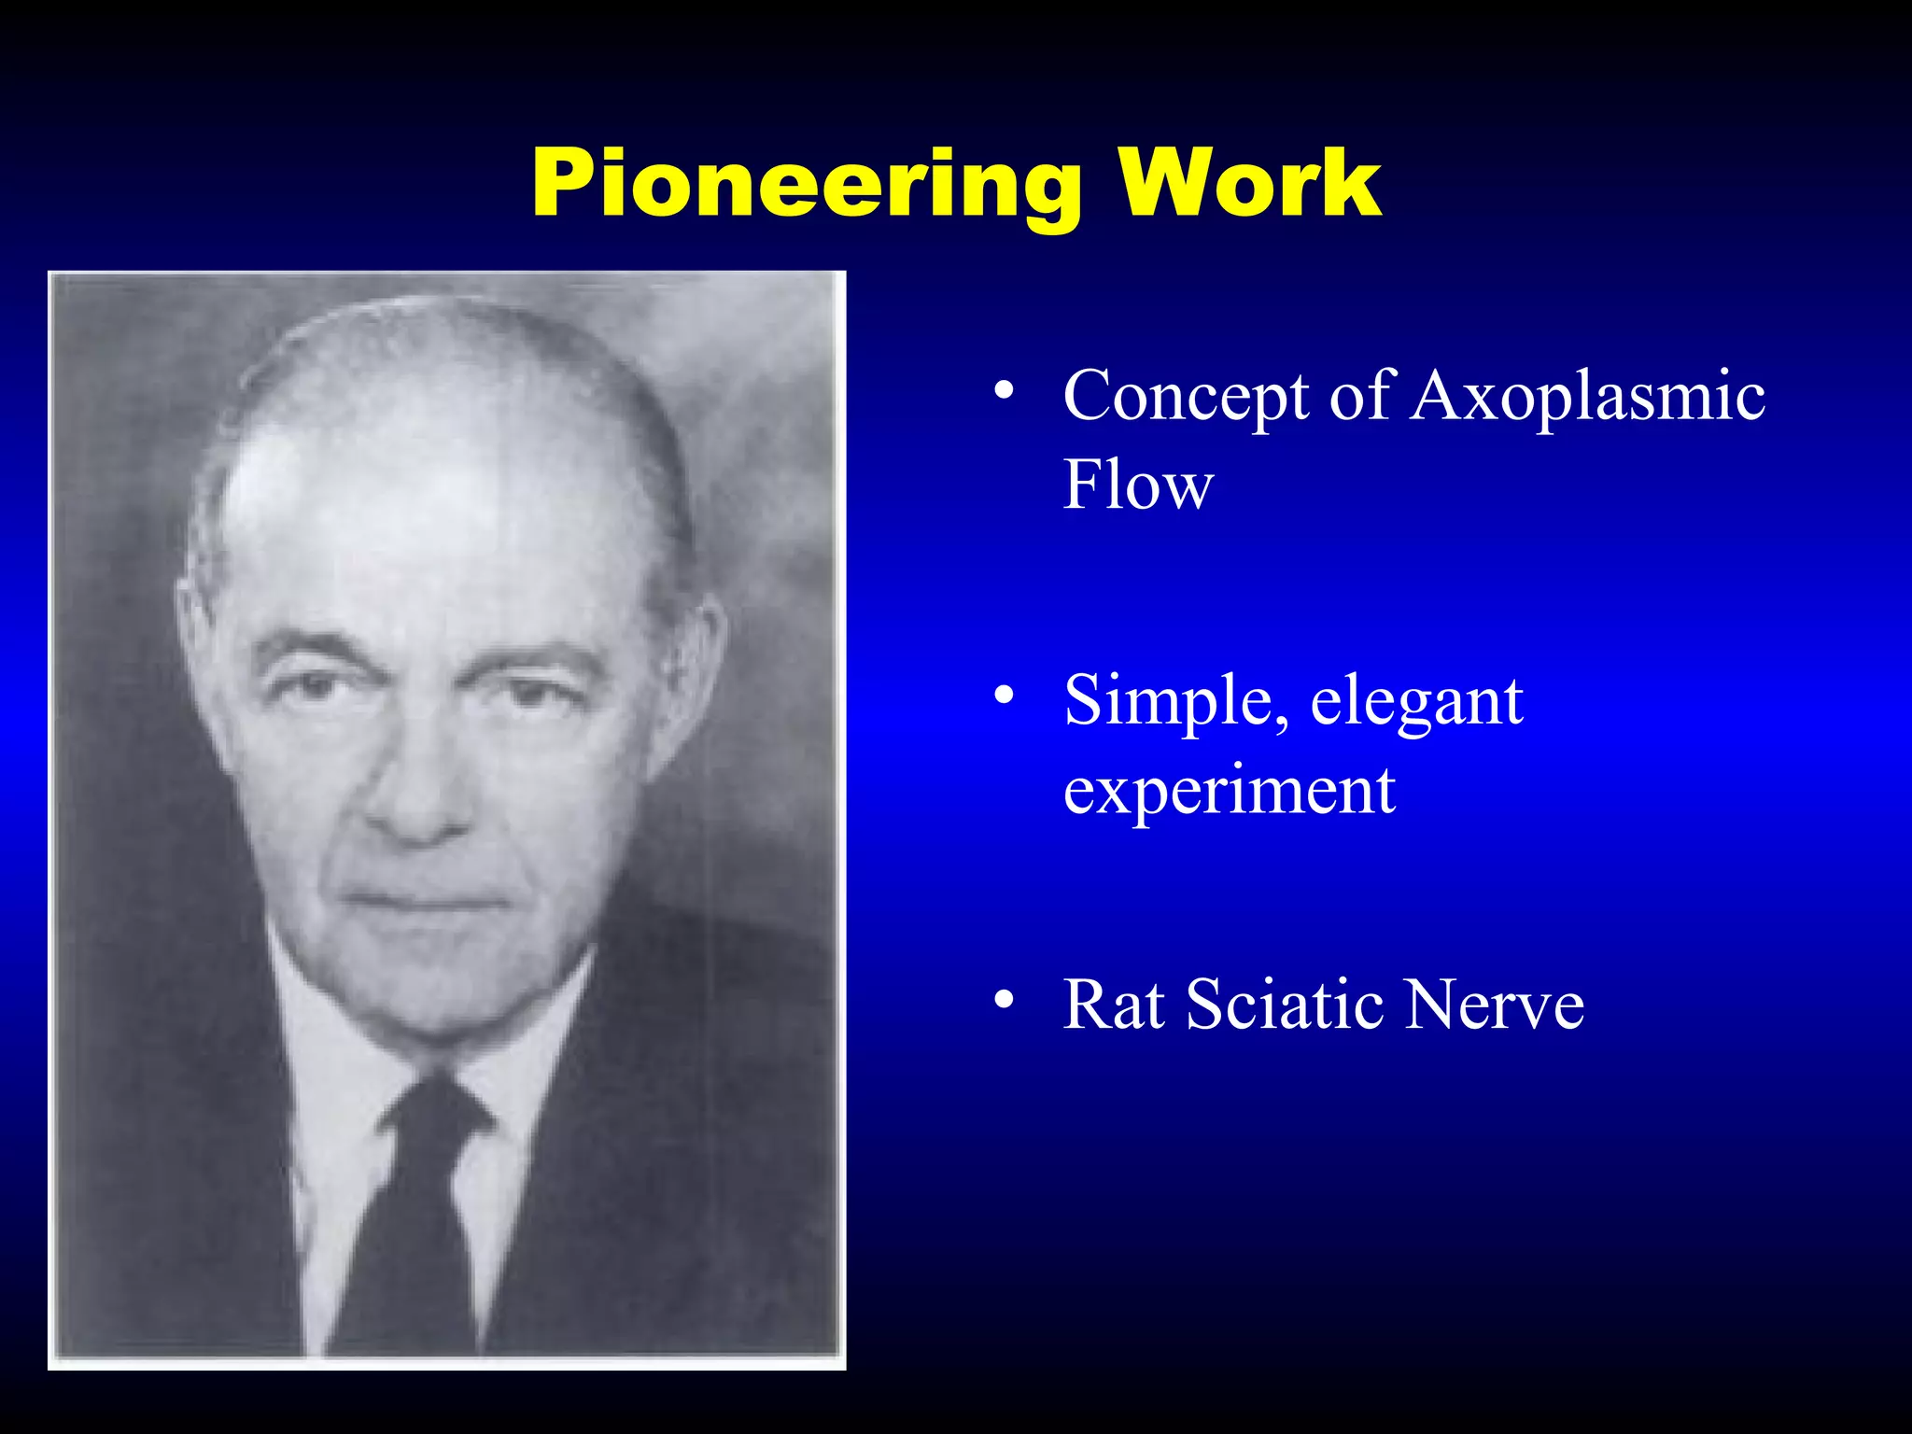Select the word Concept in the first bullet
(1186, 397)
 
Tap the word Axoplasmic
(1588, 397)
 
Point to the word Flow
(1138, 485)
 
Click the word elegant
(1416, 702)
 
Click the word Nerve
(1495, 1005)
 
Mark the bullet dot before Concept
(1004, 390)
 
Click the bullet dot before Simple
(1004, 695)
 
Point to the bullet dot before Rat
(1004, 999)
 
